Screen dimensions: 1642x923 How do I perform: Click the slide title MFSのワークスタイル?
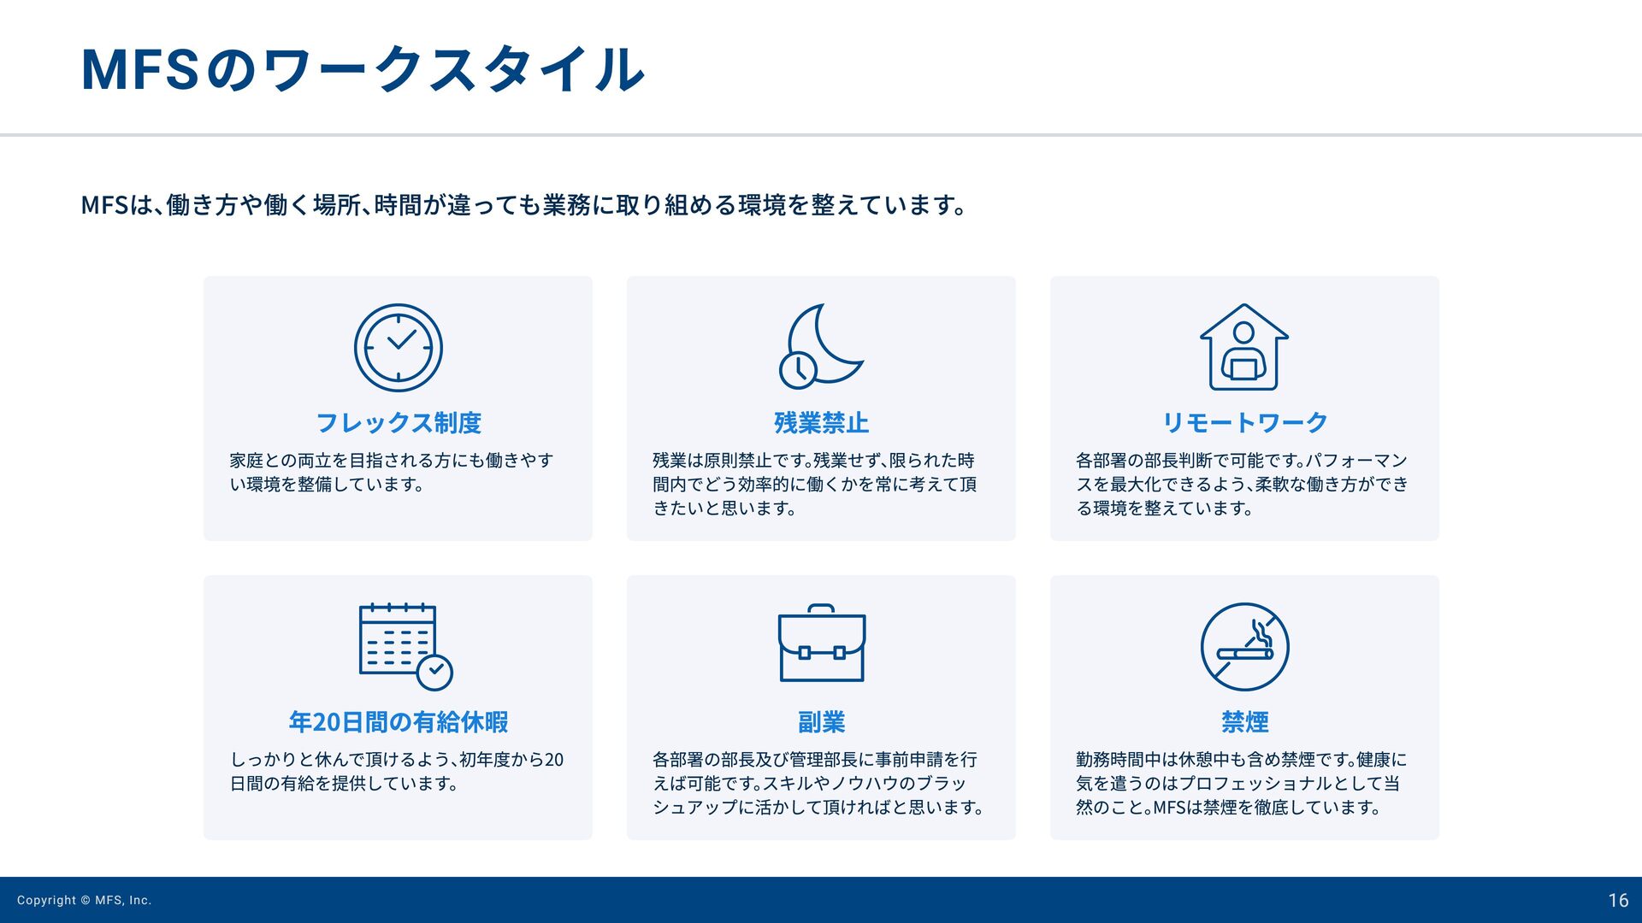point(363,69)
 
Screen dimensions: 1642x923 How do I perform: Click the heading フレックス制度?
point(399,423)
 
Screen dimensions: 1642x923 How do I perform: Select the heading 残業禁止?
point(822,423)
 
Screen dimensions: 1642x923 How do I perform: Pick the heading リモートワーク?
point(1244,423)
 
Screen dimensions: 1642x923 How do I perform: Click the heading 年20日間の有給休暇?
point(399,722)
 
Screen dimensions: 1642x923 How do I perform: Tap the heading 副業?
point(822,722)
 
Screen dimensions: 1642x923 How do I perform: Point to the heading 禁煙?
point(1245,722)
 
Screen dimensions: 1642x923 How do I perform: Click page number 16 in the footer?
point(1618,901)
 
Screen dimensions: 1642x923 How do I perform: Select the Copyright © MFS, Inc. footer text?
point(85,901)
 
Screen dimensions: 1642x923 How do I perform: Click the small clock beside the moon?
point(798,370)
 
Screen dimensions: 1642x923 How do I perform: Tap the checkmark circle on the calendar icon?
point(435,672)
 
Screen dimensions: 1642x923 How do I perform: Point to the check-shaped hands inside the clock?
point(401,339)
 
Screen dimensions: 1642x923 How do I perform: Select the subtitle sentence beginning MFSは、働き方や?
point(524,205)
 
